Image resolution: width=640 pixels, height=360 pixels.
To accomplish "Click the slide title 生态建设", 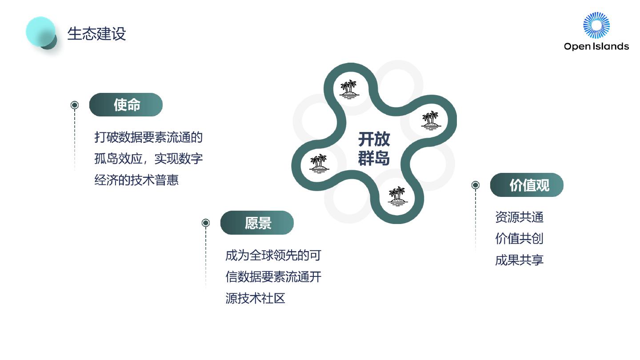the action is tap(96, 34).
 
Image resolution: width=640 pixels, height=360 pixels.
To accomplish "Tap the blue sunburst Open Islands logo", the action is tap(596, 25).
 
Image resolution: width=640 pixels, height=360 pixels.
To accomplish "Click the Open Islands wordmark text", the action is tap(596, 46).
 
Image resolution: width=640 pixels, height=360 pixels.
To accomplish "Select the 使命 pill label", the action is tap(126, 105).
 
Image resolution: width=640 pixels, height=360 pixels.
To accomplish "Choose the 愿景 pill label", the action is tap(257, 223).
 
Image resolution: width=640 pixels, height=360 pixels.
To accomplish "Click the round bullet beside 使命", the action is tap(75, 105).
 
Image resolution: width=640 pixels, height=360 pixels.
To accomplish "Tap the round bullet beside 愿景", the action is tap(206, 223).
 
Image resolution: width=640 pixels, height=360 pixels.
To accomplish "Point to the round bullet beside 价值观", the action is tap(476, 185).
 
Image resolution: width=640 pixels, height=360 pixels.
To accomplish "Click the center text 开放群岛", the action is tap(374, 149).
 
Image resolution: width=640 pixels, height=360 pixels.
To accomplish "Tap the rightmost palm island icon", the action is tap(431, 120).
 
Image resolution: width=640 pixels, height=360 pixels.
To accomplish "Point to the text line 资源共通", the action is tap(519, 217).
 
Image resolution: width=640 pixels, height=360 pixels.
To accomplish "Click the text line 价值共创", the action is tap(519, 239).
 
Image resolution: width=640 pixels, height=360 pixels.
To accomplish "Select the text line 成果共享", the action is tap(519, 260).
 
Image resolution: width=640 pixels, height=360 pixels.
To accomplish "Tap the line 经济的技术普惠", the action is tap(136, 180).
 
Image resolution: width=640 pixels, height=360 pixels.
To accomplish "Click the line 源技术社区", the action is tap(255, 298).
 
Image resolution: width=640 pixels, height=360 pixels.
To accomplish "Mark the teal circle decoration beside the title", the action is tap(41, 32).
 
